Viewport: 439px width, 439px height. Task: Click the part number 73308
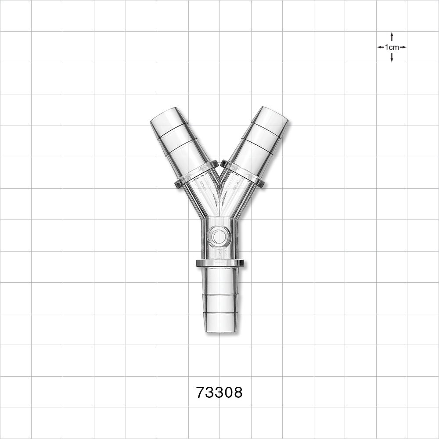pos(219,392)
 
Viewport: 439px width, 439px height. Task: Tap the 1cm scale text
pos(392,47)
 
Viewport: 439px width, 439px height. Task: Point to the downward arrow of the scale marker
pos(392,59)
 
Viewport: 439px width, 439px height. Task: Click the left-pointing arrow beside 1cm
pos(380,47)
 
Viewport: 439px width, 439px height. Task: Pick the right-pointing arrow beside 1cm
pos(403,47)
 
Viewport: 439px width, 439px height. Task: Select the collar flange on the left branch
pos(196,174)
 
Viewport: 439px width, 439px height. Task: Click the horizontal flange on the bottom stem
pos(220,263)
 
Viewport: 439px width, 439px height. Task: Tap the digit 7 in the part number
pos(201,392)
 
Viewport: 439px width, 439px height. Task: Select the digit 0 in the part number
pos(228,392)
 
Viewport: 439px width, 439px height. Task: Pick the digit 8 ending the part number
pos(237,392)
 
